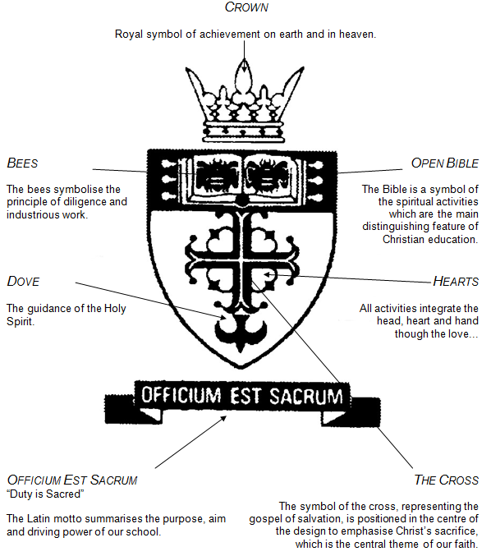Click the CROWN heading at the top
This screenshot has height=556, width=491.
tap(246, 7)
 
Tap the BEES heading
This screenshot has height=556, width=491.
tap(22, 163)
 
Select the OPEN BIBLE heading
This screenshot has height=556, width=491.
tap(444, 163)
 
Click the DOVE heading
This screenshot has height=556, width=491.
tap(23, 281)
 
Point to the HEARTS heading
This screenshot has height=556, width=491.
tap(456, 281)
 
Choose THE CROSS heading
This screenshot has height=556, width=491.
tap(446, 480)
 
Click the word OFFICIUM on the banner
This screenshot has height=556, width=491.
tap(181, 395)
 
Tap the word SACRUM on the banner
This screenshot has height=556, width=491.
tap(306, 396)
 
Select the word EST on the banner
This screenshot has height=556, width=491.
tap(245, 395)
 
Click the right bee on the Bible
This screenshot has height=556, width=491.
tap(268, 174)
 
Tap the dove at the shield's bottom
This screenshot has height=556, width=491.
tap(241, 328)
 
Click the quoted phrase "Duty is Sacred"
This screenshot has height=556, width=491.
tap(45, 494)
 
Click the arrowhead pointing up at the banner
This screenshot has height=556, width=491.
tap(223, 418)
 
